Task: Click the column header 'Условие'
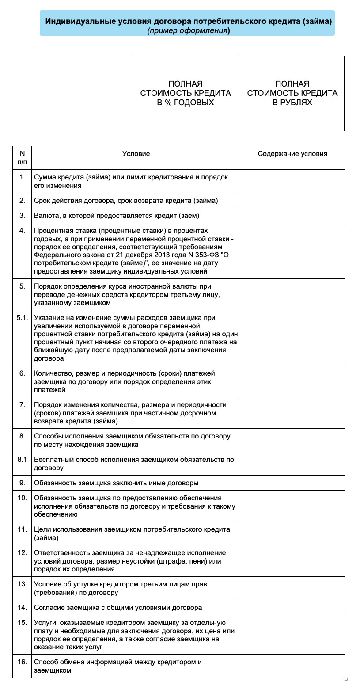click(x=136, y=154)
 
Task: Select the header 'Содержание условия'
click(x=292, y=154)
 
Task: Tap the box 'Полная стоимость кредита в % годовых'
click(x=186, y=93)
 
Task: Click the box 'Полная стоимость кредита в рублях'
click(x=292, y=93)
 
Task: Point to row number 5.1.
click(x=22, y=318)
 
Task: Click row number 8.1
click(x=22, y=460)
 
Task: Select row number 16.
click(x=22, y=662)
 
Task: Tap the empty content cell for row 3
click(x=292, y=216)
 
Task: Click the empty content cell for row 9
click(x=292, y=483)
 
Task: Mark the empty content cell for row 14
click(x=292, y=608)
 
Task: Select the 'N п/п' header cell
click(x=22, y=158)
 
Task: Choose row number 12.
click(x=22, y=553)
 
